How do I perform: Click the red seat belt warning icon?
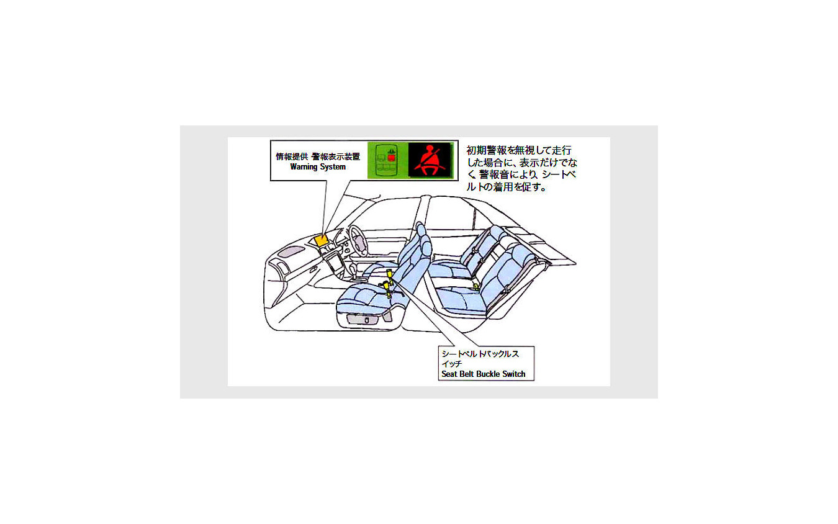pos(430,160)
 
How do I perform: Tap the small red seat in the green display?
pos(391,158)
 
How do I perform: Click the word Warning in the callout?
pos(303,167)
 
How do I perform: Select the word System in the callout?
pos(332,167)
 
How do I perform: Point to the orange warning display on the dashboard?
pos(322,240)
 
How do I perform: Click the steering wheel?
pos(358,241)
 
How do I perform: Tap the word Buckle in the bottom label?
pos(488,374)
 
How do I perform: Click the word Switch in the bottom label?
pos(514,374)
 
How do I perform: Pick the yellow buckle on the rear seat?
pos(476,287)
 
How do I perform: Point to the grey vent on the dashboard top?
pos(291,251)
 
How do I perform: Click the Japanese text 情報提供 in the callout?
pos(292,156)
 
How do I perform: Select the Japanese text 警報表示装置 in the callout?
pos(336,156)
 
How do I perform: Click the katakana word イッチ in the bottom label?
pos(451,364)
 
